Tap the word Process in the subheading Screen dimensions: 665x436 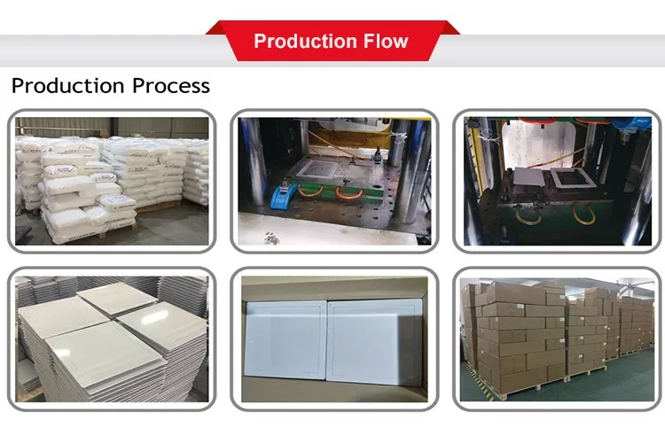pyautogui.click(x=170, y=86)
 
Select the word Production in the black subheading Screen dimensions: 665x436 pyautogui.click(x=66, y=86)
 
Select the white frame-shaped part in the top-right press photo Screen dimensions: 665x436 pyautogui.click(x=567, y=183)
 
